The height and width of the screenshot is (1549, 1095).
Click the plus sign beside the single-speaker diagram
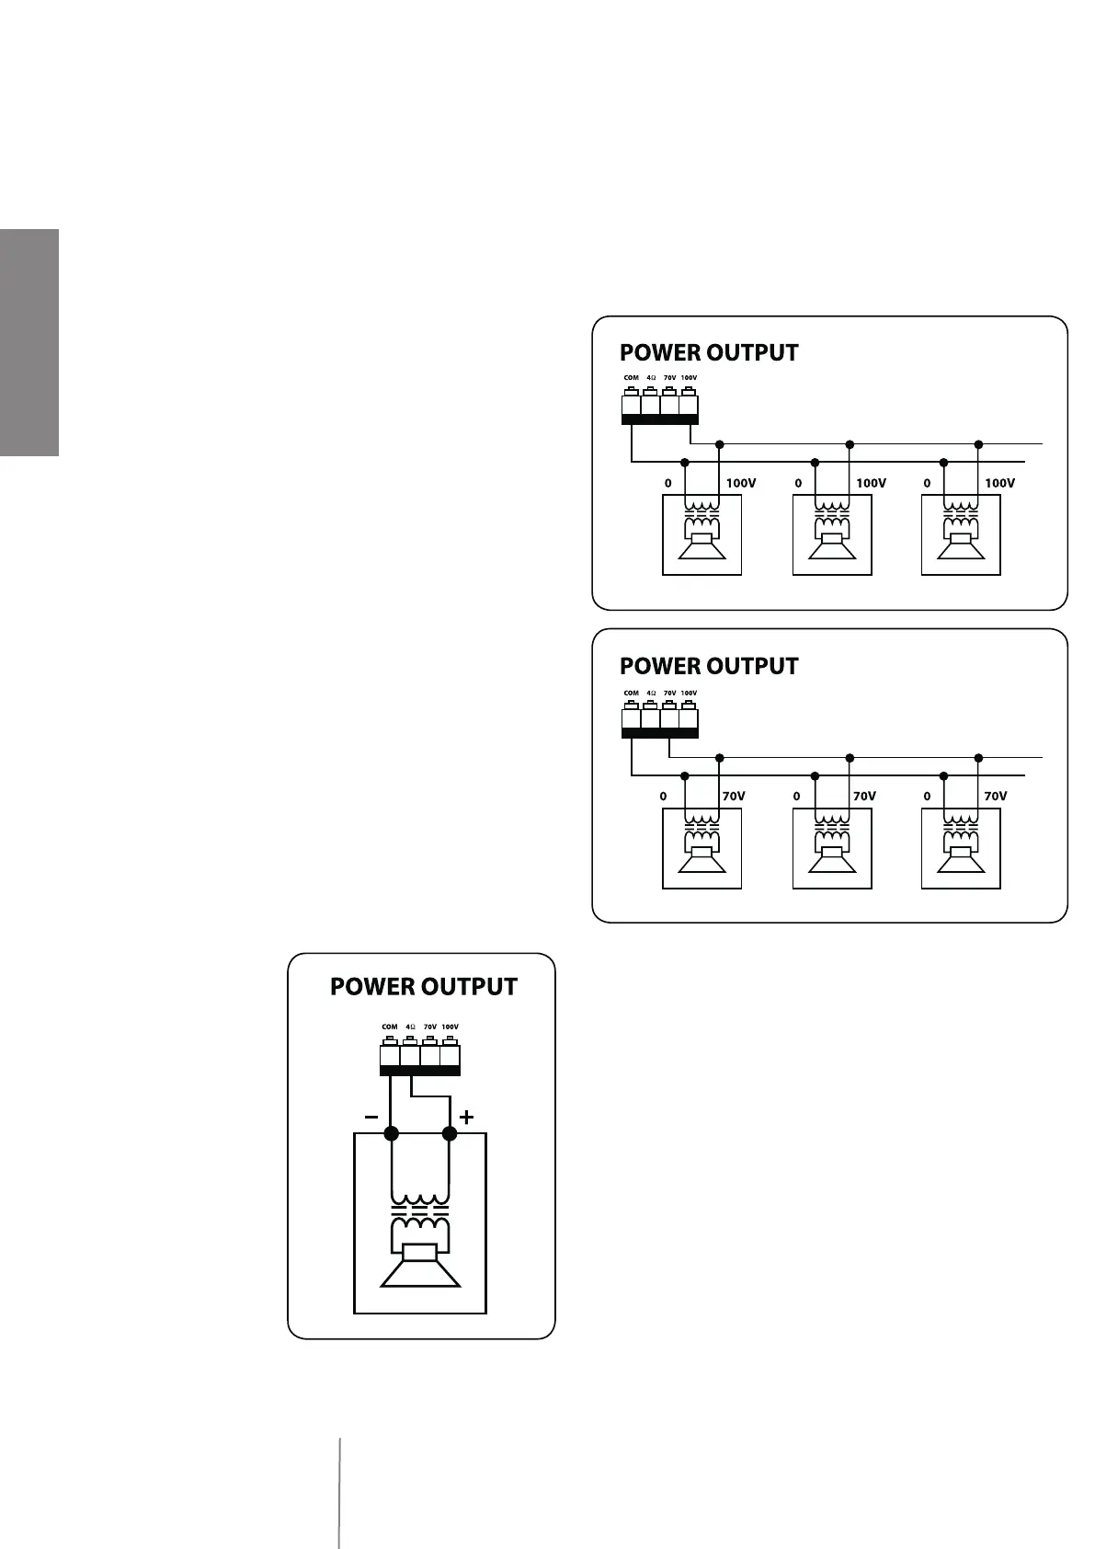467,1118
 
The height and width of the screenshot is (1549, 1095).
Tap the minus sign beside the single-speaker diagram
371,1117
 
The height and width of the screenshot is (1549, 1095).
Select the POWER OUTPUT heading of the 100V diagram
709,353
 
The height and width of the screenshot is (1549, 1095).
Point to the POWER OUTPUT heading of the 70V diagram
709,666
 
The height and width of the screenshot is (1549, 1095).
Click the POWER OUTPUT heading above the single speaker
424,987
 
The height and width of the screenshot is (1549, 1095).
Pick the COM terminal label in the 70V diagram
631,694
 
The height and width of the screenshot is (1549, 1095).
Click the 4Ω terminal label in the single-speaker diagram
410,1027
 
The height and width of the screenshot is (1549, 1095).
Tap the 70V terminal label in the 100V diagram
669,378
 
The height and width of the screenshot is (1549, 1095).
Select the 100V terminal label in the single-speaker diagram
450,1027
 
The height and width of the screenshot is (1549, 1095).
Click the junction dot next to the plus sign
450,1134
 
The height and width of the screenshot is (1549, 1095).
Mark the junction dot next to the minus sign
392,1134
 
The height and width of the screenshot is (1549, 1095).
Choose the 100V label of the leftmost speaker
741,483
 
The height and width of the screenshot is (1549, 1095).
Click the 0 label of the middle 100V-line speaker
798,483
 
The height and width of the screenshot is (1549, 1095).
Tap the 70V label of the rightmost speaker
996,797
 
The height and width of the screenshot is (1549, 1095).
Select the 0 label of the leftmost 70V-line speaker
663,797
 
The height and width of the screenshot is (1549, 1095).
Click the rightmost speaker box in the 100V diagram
961,535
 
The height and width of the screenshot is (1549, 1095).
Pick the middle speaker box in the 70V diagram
832,848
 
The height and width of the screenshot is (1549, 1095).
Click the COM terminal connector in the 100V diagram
632,405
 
